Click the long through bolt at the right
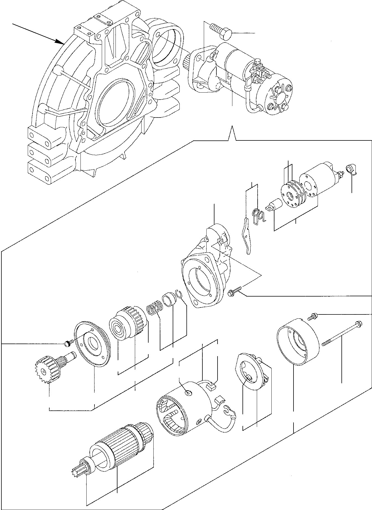[342, 333]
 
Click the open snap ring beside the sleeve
[179, 294]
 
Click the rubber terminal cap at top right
[351, 169]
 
